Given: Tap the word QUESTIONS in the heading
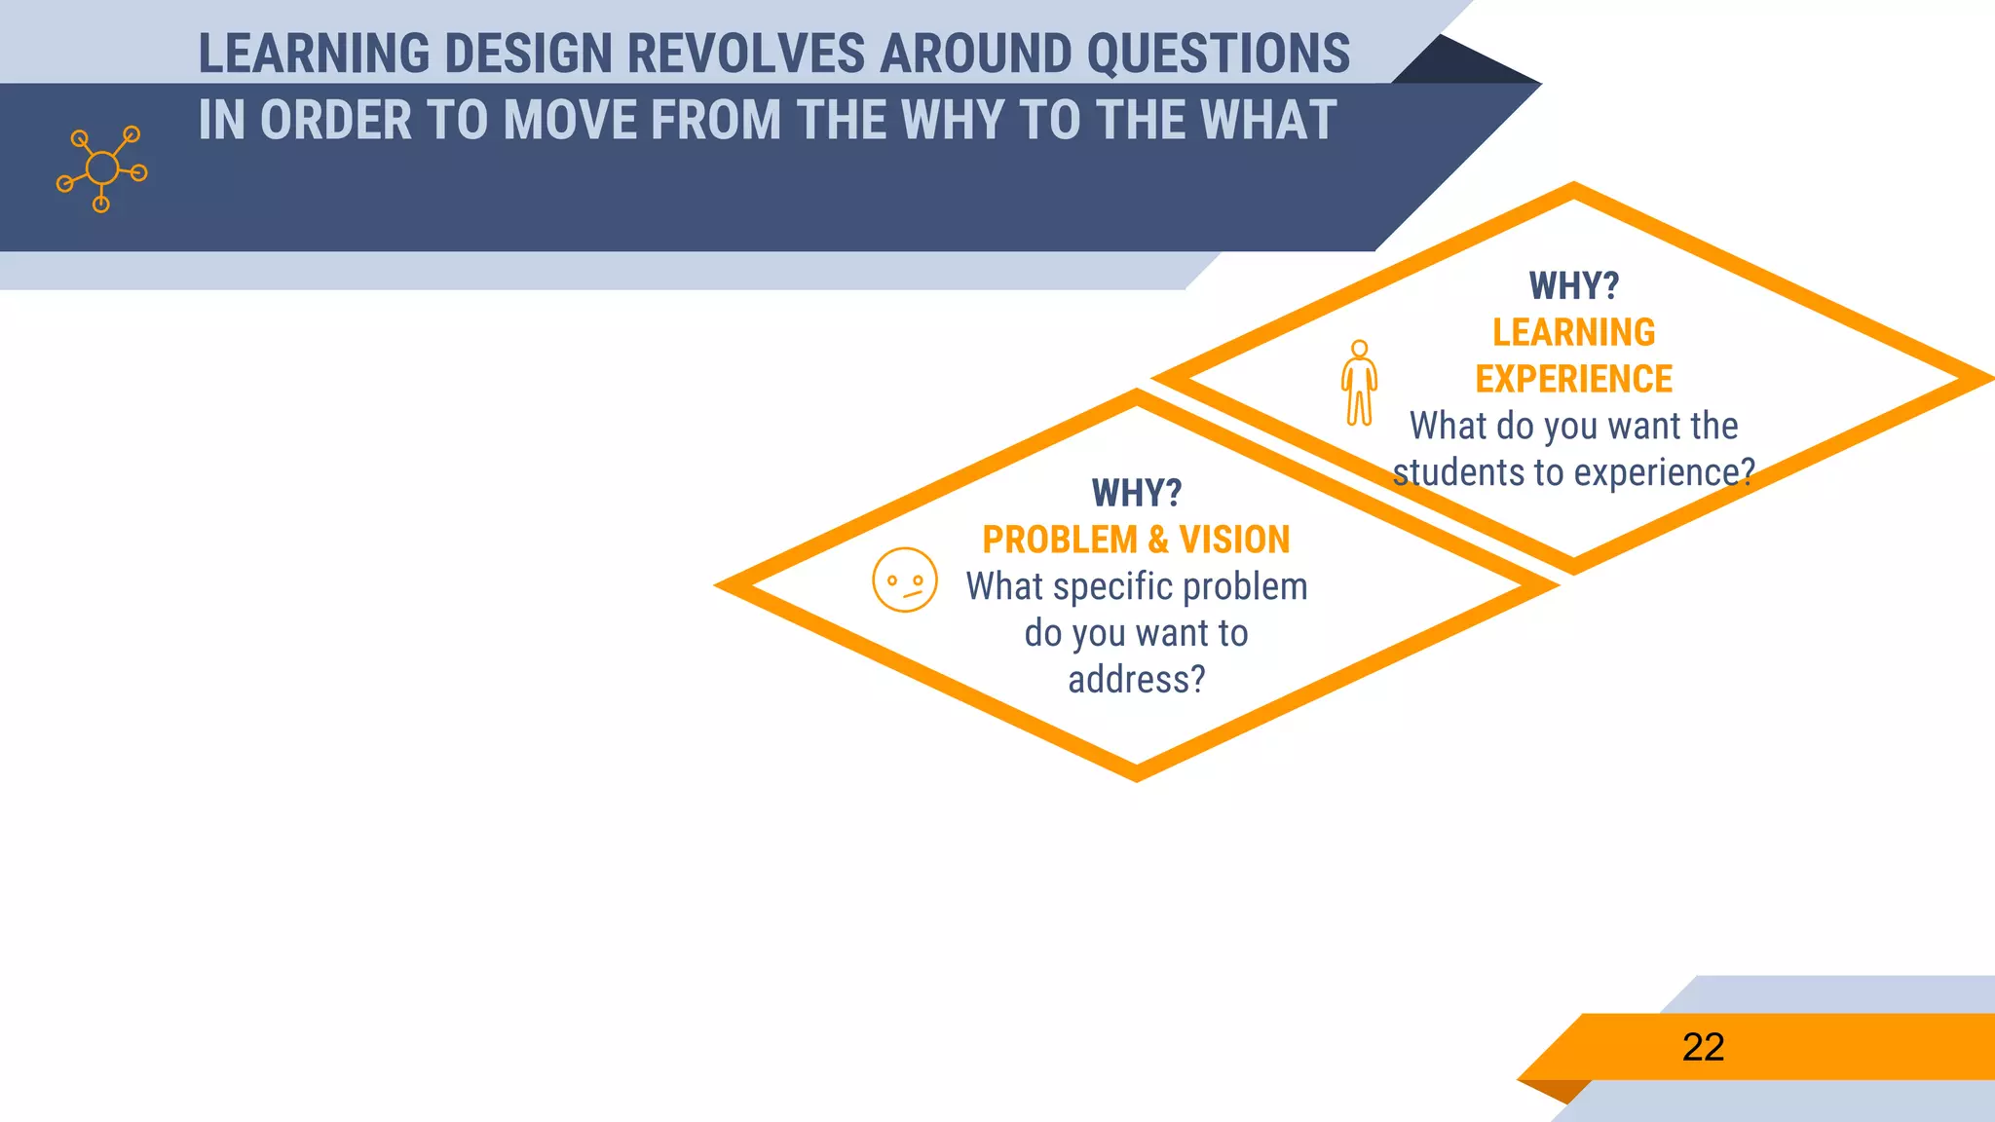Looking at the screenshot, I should pyautogui.click(x=1218, y=55).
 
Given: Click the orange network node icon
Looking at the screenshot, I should pyautogui.click(x=101, y=169).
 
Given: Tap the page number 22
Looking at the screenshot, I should pyautogui.click(x=1703, y=1047).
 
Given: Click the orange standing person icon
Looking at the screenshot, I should pyautogui.click(x=1359, y=383).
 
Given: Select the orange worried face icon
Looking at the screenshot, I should pyautogui.click(x=904, y=580).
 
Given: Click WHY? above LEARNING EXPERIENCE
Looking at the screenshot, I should pyautogui.click(x=1573, y=286).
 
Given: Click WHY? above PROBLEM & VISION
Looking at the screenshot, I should pyautogui.click(x=1136, y=494).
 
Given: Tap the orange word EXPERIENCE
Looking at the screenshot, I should pyautogui.click(x=1573, y=379).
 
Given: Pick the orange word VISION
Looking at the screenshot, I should pyautogui.click(x=1233, y=540).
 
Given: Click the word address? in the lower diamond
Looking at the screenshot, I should pyautogui.click(x=1136, y=680).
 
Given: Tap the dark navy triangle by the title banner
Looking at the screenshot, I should pyautogui.click(x=1461, y=63).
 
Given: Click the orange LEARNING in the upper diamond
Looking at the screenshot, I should pyautogui.click(x=1573, y=333).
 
